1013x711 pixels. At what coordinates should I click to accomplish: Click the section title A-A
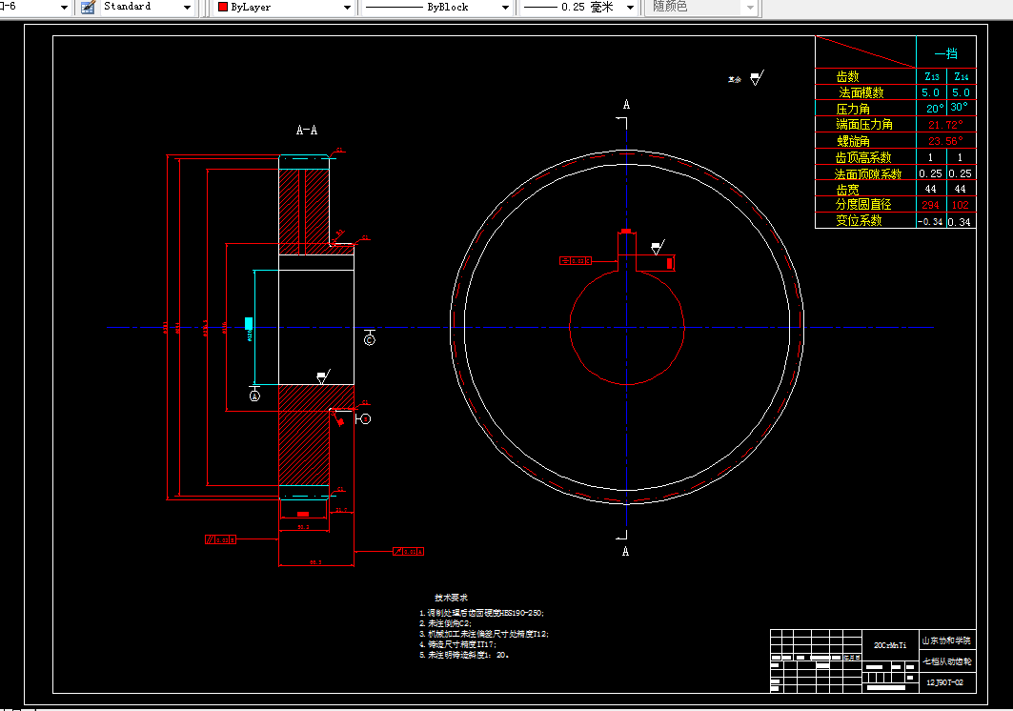pyautogui.click(x=307, y=130)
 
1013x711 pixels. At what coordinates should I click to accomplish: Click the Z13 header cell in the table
pyautogui.click(x=931, y=76)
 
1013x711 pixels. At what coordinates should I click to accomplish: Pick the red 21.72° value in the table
pyautogui.click(x=945, y=125)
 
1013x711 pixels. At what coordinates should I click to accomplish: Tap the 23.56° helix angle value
pyautogui.click(x=945, y=141)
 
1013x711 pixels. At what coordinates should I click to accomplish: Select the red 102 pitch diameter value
pyautogui.click(x=961, y=205)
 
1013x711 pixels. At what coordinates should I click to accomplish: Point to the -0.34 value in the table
pyautogui.click(x=930, y=221)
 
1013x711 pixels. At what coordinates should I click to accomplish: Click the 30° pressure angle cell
pyautogui.click(x=960, y=108)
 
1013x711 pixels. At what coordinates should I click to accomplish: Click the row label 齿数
pyautogui.click(x=847, y=76)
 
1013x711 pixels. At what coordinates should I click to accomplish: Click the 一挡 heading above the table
pyautogui.click(x=945, y=53)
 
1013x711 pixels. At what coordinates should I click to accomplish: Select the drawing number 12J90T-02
pyautogui.click(x=945, y=682)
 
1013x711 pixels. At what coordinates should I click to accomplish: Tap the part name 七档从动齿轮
pyautogui.click(x=945, y=660)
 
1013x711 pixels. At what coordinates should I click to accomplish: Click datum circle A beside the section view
pyautogui.click(x=254, y=395)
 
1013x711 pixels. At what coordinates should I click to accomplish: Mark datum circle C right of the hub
pyautogui.click(x=370, y=340)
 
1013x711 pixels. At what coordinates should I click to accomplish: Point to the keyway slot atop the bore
pyautogui.click(x=626, y=251)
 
